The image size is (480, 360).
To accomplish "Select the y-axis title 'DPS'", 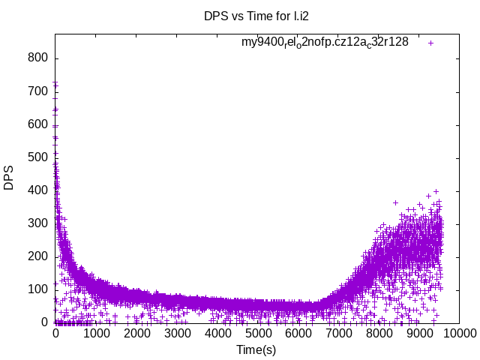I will tap(9, 178).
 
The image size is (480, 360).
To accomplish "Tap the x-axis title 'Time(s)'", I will tap(256, 349).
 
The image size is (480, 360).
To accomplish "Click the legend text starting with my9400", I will tap(325, 42).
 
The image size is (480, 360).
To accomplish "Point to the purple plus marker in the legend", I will tap(430, 43).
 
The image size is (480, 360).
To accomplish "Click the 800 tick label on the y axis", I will tap(38, 58).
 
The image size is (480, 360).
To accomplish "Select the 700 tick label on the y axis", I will tap(38, 91).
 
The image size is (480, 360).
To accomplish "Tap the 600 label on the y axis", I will tap(38, 124).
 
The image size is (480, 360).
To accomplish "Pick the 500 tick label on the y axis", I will tap(38, 157).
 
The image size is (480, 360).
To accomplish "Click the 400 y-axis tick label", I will tap(38, 190).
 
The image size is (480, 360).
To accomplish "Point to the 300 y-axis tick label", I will tap(38, 223).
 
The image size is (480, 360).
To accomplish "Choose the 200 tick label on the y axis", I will tap(38, 256).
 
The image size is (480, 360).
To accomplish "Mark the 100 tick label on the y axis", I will tap(38, 289).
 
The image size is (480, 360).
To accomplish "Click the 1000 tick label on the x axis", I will tap(96, 333).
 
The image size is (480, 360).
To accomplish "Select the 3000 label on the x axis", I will tap(177, 333).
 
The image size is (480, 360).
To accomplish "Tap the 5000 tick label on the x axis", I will tap(258, 333).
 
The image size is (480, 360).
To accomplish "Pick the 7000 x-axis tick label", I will tap(339, 333).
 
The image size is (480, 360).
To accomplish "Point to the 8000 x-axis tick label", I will tap(379, 333).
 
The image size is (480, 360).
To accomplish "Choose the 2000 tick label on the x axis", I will tap(136, 333).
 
